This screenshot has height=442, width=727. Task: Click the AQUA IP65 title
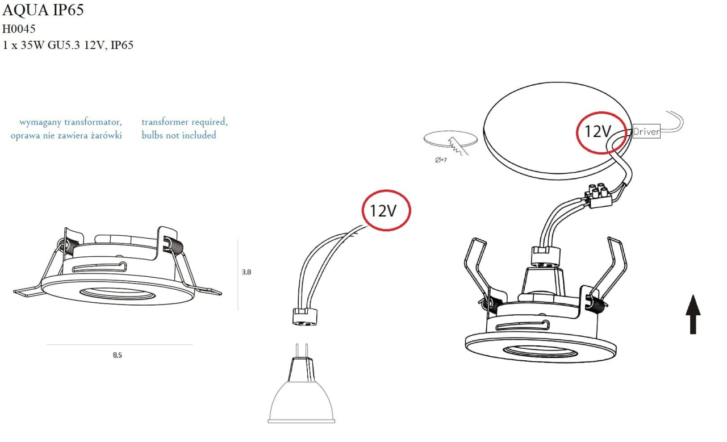tap(43, 11)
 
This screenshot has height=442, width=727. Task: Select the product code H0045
tap(19, 29)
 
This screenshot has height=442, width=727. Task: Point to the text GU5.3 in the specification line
tap(64, 45)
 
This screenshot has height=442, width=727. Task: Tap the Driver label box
tap(646, 132)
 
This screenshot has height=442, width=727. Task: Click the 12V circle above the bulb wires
tap(386, 211)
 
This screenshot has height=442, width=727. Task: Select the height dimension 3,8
tap(246, 272)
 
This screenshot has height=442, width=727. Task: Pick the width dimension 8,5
tap(117, 355)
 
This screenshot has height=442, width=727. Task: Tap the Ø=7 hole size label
tap(441, 160)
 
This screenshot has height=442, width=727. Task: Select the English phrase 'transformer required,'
tap(184, 122)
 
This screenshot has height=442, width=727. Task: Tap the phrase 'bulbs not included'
tap(179, 135)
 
